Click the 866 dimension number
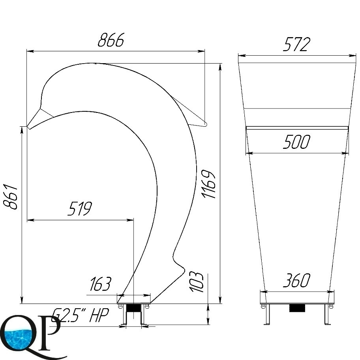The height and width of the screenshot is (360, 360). pos(111,40)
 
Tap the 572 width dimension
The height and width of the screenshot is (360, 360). pos(296,44)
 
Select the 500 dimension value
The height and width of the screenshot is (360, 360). pos(296,142)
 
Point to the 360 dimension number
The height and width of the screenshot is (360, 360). pos(296,280)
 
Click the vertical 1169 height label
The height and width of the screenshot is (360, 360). pos(208,184)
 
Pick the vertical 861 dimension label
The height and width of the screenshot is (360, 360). pos(11,197)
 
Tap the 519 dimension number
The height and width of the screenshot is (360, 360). pos(80,208)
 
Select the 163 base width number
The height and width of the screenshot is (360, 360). pos(100,283)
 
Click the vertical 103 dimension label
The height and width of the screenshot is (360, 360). pos(197,282)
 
